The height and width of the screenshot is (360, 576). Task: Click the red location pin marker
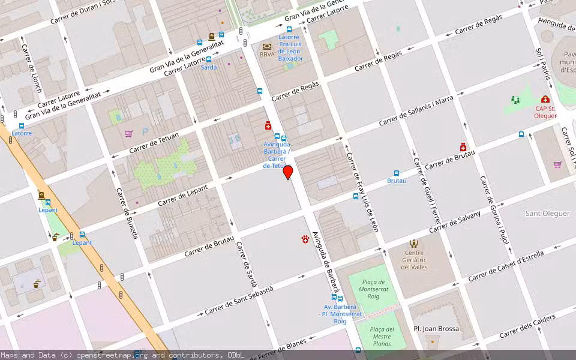(288, 172)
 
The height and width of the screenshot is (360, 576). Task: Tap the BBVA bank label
(267, 55)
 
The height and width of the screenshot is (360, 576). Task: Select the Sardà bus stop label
(209, 67)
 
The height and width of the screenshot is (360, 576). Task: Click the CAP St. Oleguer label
(545, 112)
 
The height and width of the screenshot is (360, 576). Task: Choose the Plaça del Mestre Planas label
(382, 337)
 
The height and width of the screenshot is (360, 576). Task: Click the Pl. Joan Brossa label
(436, 329)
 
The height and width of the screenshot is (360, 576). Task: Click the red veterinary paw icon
(305, 239)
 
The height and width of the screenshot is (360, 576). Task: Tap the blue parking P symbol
(145, 131)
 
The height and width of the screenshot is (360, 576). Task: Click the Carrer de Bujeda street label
(127, 213)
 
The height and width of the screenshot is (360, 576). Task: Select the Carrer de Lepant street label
(182, 196)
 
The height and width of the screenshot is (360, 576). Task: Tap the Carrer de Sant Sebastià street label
(239, 301)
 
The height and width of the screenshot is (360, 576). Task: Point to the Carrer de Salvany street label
(455, 223)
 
